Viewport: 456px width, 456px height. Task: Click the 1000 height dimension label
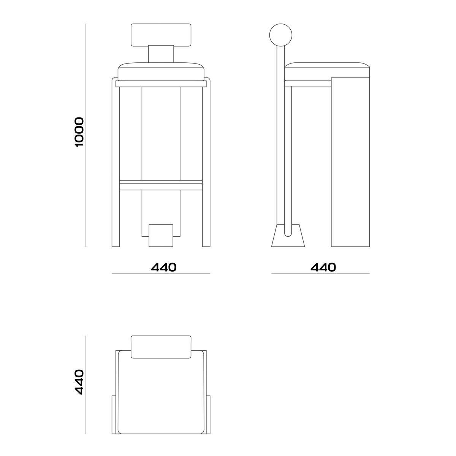click(79, 132)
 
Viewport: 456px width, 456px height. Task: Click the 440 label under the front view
click(164, 268)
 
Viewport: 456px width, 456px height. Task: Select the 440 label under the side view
click(323, 268)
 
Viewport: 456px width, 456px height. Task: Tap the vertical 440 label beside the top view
click(79, 382)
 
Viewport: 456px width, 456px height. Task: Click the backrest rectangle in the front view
click(161, 35)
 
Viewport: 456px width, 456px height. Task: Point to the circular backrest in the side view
click(280, 35)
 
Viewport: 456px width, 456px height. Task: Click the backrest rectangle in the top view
click(161, 347)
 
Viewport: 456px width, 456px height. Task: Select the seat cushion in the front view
click(161, 72)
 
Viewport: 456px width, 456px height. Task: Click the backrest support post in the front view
click(161, 54)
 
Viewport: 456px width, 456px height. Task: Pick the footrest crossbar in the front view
click(161, 185)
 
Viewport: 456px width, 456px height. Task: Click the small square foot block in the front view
click(161, 236)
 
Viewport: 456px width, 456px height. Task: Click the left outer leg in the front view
click(116, 163)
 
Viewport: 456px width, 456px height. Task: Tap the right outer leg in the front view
click(206, 163)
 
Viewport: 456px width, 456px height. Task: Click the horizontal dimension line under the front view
click(161, 274)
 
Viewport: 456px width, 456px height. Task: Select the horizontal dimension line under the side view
click(320, 274)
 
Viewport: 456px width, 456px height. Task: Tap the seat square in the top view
click(161, 395)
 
